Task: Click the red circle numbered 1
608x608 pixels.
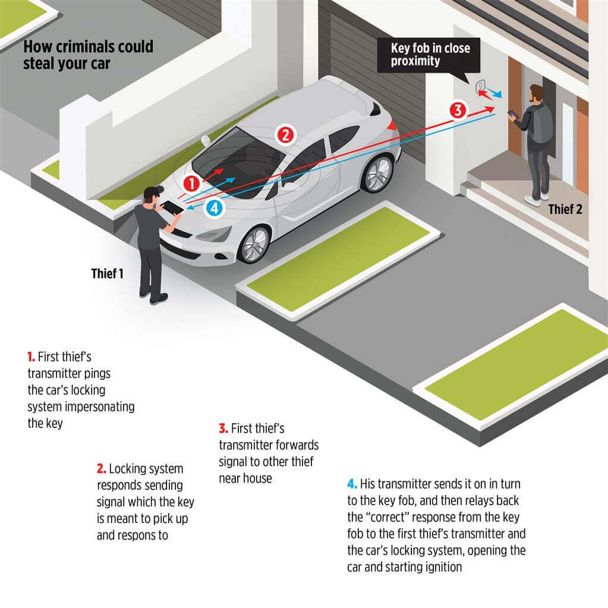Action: tap(191, 184)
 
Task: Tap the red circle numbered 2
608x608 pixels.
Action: tap(285, 135)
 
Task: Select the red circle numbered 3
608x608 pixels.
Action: tap(458, 110)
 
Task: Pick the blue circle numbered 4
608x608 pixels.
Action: tap(215, 208)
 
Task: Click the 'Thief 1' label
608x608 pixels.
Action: tap(107, 274)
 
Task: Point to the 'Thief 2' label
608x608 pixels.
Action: tap(565, 209)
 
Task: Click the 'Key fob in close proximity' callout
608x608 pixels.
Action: tap(430, 55)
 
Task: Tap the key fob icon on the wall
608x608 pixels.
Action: tap(480, 86)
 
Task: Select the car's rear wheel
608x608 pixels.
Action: tap(377, 174)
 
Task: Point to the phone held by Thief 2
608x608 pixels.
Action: tap(513, 114)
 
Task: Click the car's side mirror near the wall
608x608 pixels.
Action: tap(206, 140)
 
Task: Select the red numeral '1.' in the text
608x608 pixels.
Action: tap(31, 357)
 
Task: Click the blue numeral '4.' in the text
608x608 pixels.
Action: tap(352, 484)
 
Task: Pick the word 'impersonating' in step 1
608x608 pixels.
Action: tap(100, 407)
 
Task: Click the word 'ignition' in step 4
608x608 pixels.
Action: tap(443, 567)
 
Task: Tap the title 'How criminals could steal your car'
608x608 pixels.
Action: tap(88, 55)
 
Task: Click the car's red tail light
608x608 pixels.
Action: tap(392, 125)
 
